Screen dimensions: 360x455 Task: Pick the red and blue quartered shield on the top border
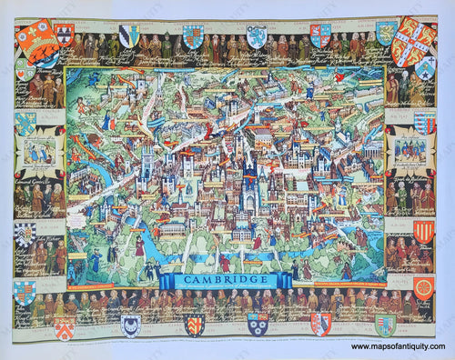[x=320, y=35]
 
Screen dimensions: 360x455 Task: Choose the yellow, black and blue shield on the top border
[x=132, y=35]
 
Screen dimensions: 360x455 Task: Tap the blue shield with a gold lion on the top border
[x=194, y=36]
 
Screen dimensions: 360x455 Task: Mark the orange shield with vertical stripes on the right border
[x=424, y=233]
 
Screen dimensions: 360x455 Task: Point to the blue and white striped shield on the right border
[x=425, y=123]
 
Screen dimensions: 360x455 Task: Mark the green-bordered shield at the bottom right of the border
[x=385, y=325]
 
